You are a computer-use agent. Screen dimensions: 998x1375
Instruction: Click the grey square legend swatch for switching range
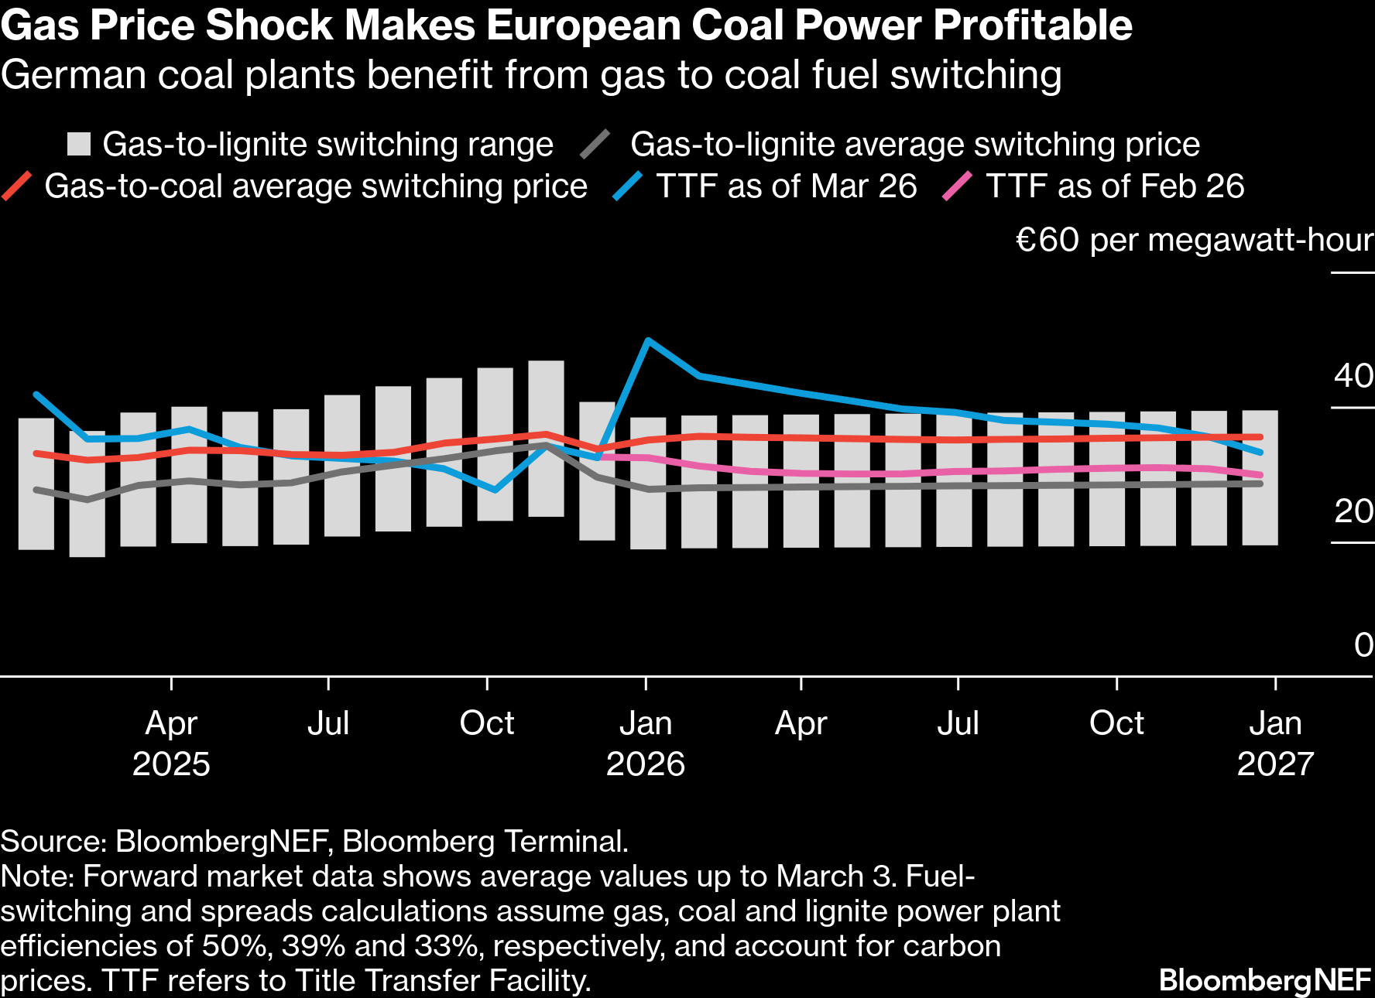(x=79, y=145)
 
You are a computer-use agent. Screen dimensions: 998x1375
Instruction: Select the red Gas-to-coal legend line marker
(x=17, y=186)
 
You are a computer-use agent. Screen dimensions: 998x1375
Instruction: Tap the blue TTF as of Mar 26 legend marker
(x=628, y=186)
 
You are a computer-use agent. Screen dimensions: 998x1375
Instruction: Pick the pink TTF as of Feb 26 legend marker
(x=957, y=186)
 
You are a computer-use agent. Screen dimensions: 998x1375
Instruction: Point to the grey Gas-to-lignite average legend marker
(x=595, y=145)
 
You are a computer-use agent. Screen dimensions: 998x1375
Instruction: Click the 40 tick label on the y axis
(x=1353, y=376)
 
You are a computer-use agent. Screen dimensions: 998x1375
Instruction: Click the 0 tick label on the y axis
(x=1363, y=645)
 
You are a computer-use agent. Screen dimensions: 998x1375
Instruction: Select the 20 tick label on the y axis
(x=1353, y=511)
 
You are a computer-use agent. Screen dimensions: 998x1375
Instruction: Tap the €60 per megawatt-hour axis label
(x=1194, y=241)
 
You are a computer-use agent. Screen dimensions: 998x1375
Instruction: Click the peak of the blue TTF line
(x=647, y=340)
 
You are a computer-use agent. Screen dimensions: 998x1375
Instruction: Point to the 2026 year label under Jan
(x=645, y=764)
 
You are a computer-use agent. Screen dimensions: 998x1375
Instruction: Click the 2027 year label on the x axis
(x=1275, y=764)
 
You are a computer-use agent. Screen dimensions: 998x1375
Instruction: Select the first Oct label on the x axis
(x=486, y=723)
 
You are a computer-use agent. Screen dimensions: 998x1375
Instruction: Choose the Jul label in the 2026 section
(x=958, y=723)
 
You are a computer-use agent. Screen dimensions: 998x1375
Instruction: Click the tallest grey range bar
(x=546, y=438)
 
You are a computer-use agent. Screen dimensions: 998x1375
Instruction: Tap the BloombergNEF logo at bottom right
(x=1265, y=980)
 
